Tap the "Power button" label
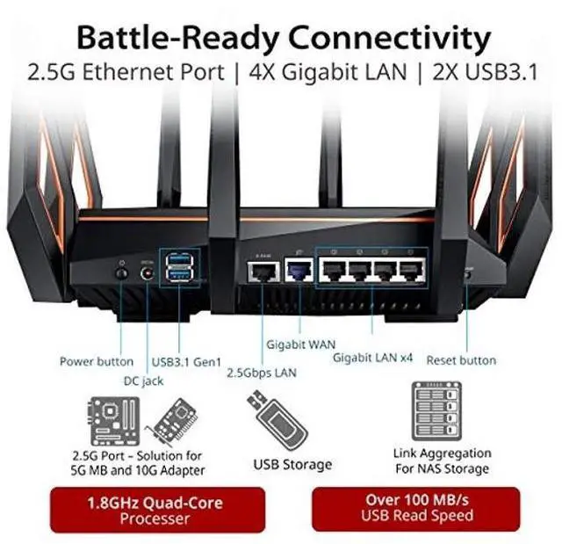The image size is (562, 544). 97,361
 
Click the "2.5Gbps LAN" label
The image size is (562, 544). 261,374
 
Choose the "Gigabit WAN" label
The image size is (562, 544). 301,344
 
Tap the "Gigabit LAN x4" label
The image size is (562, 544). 372,358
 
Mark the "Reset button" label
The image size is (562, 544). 461,360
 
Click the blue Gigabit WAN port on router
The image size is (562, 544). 300,271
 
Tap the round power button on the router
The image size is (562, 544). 121,273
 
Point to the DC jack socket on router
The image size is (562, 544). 147,273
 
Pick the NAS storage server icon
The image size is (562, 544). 441,413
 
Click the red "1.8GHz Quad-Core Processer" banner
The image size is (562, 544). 154,511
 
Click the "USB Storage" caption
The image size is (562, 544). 292,464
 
